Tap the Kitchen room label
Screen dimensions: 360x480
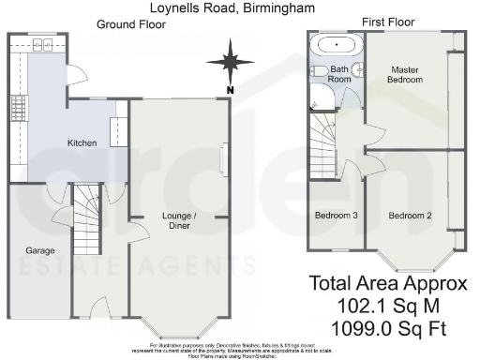click(x=82, y=142)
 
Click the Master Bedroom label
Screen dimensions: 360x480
click(x=406, y=75)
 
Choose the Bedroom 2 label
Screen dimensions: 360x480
click(x=410, y=216)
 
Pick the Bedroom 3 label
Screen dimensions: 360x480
click(x=336, y=216)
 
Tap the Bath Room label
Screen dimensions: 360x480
click(x=339, y=76)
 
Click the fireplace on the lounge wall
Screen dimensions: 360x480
click(x=222, y=158)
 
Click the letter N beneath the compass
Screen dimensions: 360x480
click(x=229, y=89)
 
